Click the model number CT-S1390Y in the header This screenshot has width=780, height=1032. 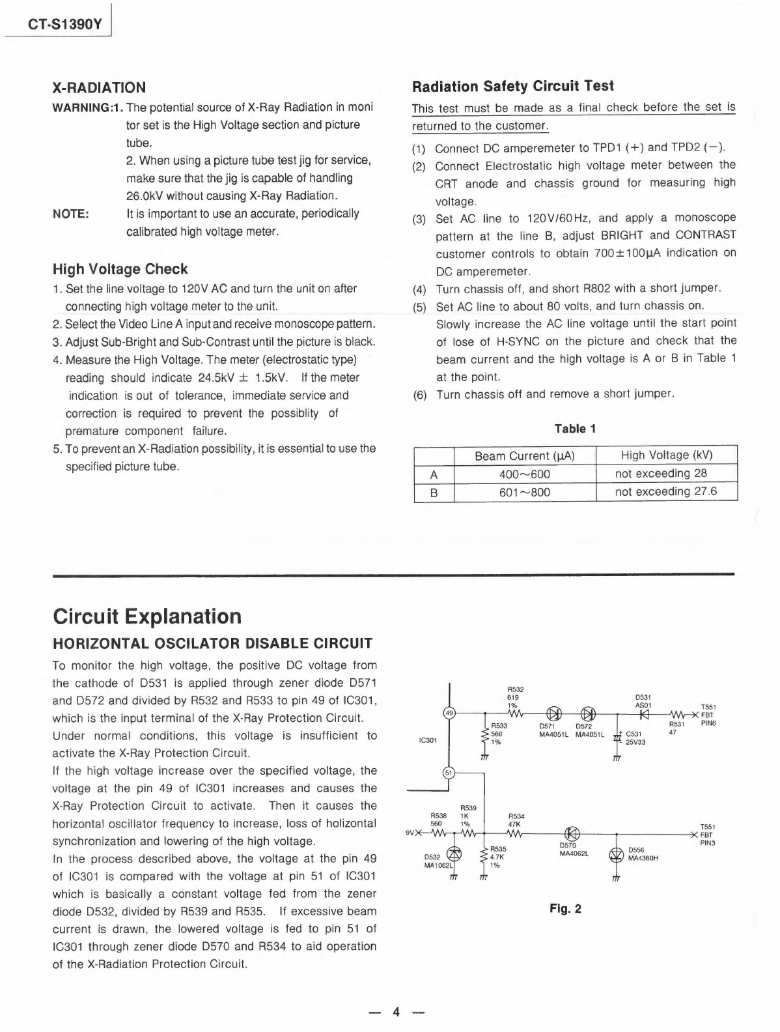click(65, 26)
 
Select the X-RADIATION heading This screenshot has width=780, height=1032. click(99, 87)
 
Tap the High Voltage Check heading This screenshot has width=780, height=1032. click(120, 269)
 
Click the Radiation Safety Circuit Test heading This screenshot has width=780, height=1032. click(513, 86)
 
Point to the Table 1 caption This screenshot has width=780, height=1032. click(575, 429)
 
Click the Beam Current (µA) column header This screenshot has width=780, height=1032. click(525, 455)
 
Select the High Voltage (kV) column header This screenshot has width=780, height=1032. click(667, 455)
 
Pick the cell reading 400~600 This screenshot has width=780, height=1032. click(525, 474)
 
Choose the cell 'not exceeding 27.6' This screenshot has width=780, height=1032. click(666, 491)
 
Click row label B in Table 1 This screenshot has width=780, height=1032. click(434, 492)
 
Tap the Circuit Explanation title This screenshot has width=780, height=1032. click(146, 616)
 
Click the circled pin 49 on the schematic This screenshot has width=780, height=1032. click(449, 713)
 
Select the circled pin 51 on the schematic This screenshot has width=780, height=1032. click(449, 773)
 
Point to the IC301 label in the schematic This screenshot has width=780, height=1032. click(427, 740)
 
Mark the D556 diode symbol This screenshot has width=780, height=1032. click(616, 854)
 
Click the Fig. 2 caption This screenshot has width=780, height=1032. click(566, 909)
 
